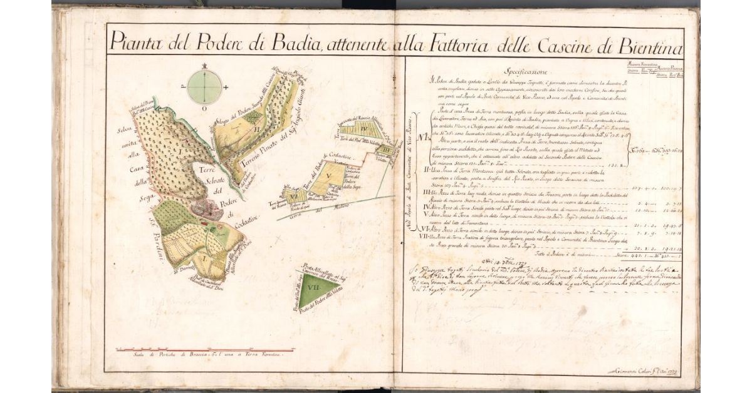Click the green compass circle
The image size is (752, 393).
click(x=204, y=86)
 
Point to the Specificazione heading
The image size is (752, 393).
click(x=530, y=71)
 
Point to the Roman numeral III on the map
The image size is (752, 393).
click(x=387, y=150)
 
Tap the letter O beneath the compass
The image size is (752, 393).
click(x=204, y=108)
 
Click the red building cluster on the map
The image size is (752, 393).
click(x=207, y=209)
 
